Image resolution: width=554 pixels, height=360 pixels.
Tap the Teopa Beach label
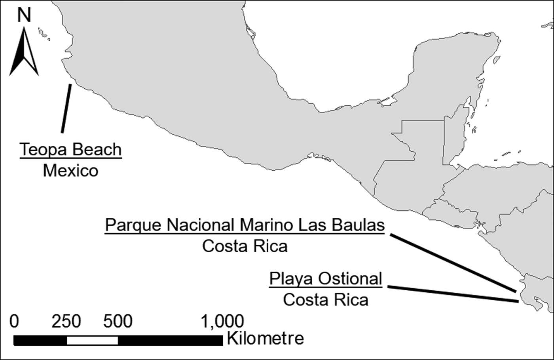70,150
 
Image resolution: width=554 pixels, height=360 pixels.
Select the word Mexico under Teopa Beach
70,171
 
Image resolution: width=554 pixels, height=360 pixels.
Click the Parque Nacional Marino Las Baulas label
245,225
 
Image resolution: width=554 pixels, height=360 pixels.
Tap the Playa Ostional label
326,278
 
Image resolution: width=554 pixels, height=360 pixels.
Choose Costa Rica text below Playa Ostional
326,300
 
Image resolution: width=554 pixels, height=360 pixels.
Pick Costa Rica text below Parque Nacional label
245,246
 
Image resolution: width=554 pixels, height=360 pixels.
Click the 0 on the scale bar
14,321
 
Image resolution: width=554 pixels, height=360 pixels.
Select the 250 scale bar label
66,321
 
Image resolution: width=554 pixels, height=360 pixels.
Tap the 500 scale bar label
118,321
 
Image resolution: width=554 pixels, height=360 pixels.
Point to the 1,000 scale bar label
222,321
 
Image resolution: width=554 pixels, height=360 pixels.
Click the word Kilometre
266,339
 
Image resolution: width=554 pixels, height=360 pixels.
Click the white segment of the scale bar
92,340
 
